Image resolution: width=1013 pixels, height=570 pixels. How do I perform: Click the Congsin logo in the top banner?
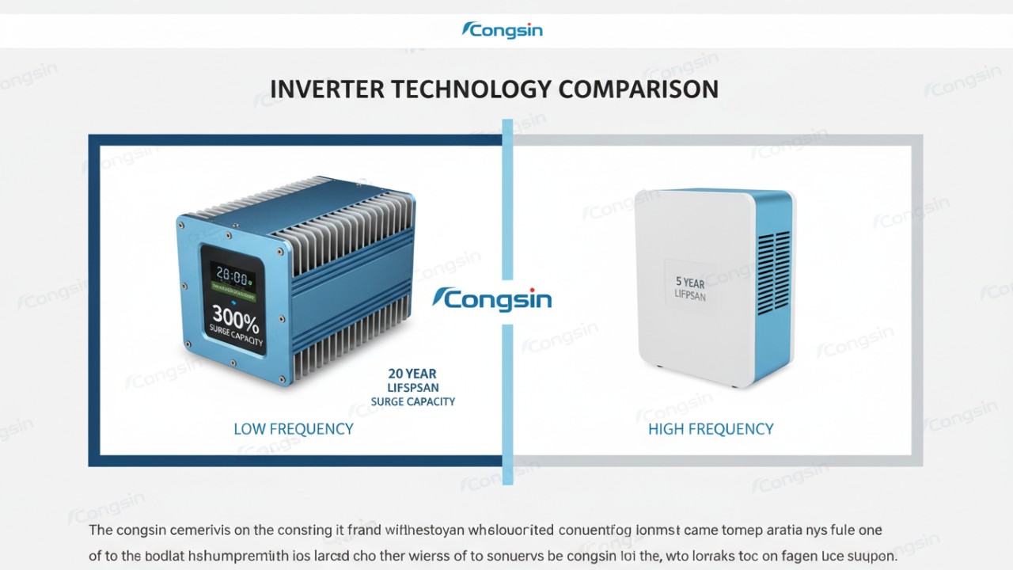502,31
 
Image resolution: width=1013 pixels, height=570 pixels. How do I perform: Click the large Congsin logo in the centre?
492,300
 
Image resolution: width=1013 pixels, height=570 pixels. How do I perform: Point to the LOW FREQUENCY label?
293,429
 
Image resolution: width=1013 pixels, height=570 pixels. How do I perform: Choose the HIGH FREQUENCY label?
711,429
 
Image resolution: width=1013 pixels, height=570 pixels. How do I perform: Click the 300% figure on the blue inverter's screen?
235,321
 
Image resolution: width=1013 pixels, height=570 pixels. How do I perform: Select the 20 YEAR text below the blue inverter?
412,373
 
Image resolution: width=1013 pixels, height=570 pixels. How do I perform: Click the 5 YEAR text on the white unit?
690,282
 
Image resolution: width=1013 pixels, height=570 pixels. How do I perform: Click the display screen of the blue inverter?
233,299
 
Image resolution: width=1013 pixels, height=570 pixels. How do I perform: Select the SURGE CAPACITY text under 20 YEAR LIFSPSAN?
413,401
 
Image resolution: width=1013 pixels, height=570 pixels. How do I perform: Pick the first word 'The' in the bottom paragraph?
101,530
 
